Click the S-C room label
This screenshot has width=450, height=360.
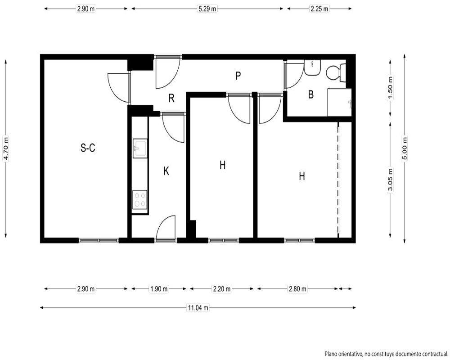point(88,148)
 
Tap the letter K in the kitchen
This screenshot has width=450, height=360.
point(166,171)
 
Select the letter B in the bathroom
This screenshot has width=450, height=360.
point(311,94)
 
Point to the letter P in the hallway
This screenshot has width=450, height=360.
point(238,76)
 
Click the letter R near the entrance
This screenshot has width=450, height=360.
point(171,98)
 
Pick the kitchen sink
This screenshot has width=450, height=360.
point(140,148)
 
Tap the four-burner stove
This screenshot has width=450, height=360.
point(140,199)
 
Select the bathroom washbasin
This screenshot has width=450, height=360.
point(312,68)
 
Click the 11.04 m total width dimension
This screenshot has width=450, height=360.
point(198,308)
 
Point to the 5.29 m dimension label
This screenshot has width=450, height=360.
point(207,9)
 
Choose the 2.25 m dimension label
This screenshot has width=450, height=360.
point(319,9)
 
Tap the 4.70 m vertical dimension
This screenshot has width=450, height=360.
point(6,148)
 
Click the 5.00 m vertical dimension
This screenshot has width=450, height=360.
point(405,148)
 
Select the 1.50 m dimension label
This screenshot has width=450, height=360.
point(390,88)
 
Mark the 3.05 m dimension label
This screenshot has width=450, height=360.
point(390,180)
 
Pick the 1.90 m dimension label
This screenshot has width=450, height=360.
point(159,288)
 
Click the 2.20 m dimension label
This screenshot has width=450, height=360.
point(221,288)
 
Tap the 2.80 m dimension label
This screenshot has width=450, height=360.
point(297,288)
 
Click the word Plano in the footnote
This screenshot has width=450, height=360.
point(330,354)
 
